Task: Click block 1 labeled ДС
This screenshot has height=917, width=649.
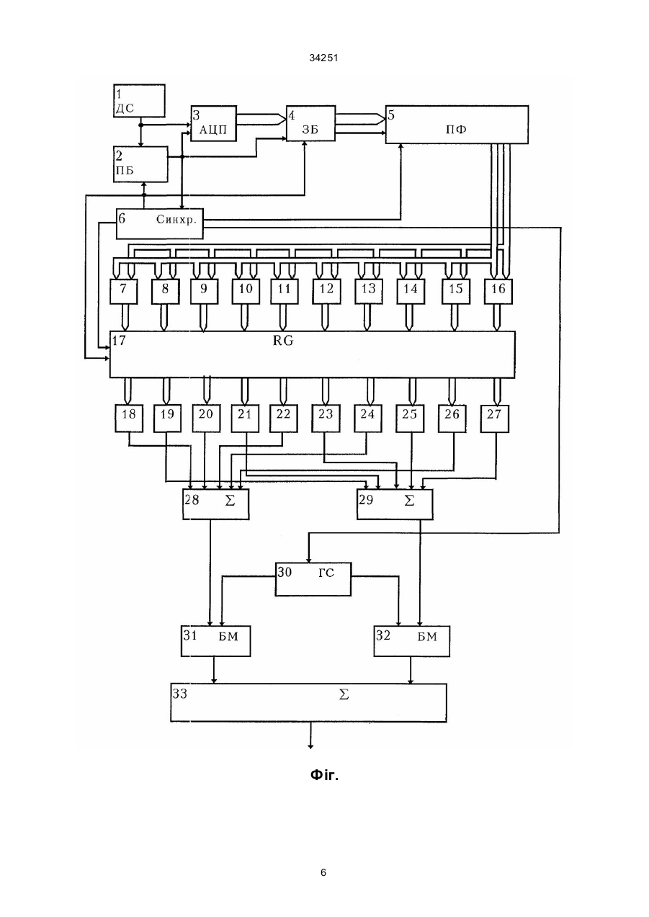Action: pos(139,101)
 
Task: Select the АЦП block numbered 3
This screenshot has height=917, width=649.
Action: pos(214,123)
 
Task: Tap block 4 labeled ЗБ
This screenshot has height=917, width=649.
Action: pos(310,123)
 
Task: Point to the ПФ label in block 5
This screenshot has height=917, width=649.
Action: pos(456,130)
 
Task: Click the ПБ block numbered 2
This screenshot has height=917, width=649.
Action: pos(140,164)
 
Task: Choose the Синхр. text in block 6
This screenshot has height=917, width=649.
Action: pos(176,220)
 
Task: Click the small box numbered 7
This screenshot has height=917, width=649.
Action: pos(124,292)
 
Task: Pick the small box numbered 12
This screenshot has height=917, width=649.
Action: pos(326,292)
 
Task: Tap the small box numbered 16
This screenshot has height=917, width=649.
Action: pos(498,292)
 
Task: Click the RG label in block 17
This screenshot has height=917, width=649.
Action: pos(283,341)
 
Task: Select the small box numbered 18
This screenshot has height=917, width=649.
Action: pos(129,419)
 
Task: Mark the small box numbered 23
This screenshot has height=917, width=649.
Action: pos(326,419)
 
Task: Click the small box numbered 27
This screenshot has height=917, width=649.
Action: pos(495,419)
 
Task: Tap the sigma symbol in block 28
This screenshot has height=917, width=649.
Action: pos(230,501)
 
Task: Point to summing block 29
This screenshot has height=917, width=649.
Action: pos(395,504)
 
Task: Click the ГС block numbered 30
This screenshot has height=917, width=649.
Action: pos(313,579)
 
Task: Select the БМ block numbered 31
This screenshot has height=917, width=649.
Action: pos(216,641)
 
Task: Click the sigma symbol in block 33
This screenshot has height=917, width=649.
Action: pos(344,694)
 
